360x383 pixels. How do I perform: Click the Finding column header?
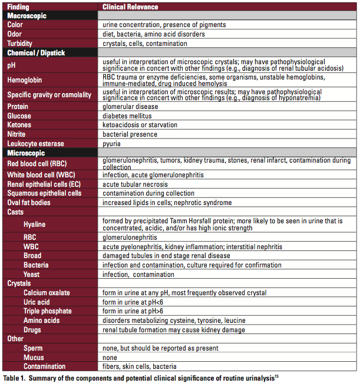(x=18, y=6)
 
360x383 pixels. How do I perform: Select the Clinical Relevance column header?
(x=130, y=6)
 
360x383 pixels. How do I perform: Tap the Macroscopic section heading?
(x=27, y=15)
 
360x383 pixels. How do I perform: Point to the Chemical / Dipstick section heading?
(x=36, y=52)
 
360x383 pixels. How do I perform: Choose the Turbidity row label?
(x=19, y=44)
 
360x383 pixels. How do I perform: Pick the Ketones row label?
(x=19, y=125)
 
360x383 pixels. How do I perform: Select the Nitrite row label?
(x=17, y=134)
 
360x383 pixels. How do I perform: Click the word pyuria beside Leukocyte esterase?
(x=112, y=144)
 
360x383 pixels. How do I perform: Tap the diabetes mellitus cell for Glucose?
(x=127, y=116)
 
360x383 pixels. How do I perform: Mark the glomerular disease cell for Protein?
(x=130, y=107)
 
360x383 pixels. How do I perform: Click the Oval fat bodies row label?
(x=29, y=203)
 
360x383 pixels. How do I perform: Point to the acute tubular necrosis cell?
(x=135, y=184)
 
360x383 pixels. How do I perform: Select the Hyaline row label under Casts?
(x=34, y=224)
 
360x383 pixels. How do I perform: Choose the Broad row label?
(x=32, y=256)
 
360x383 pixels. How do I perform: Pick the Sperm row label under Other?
(x=33, y=348)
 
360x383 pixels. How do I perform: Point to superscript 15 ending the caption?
(x=277, y=374)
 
